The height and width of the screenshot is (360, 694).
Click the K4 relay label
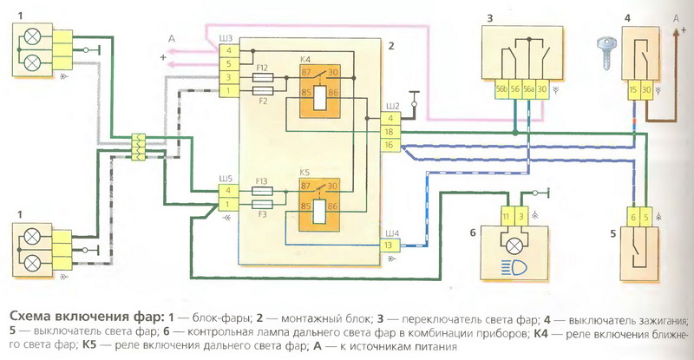coord(306,58)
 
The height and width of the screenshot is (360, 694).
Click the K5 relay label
coord(306,172)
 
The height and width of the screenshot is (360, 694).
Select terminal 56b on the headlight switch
coord(502,88)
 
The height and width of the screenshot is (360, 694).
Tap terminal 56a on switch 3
coord(530,88)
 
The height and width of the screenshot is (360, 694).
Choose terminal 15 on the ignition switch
coord(634,88)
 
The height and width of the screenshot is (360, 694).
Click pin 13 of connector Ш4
coord(390,245)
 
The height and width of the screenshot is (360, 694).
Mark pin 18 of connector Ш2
coord(390,131)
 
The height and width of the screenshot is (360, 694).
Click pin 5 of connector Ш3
coord(227,64)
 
